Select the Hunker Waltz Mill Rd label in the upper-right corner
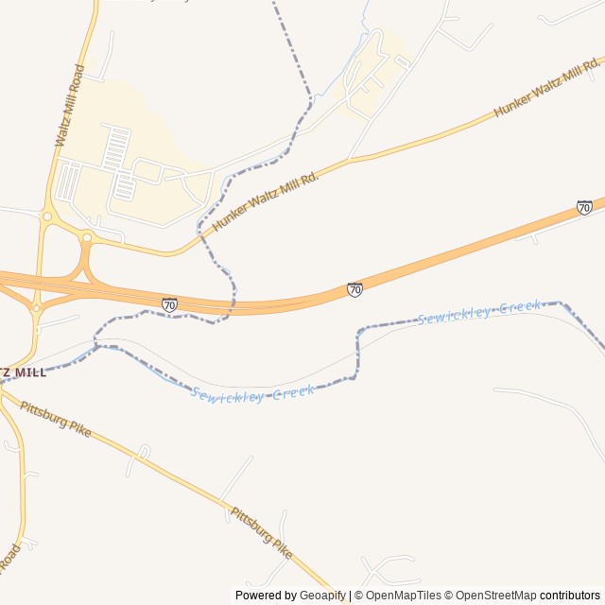pyautogui.click(x=546, y=93)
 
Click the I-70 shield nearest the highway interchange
pyautogui.click(x=169, y=303)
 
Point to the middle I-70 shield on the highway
pyautogui.click(x=354, y=289)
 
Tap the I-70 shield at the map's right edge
pyautogui.click(x=584, y=207)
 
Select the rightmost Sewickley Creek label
pyautogui.click(x=479, y=312)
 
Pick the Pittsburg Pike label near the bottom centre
pyautogui.click(x=262, y=531)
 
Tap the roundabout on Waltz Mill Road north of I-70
pyautogui.click(x=47, y=216)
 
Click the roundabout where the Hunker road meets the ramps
pyautogui.click(x=87, y=237)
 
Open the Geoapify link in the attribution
pyautogui.click(x=324, y=596)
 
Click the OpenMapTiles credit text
pyautogui.click(x=403, y=596)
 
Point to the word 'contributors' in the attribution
pyautogui.click(x=570, y=596)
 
